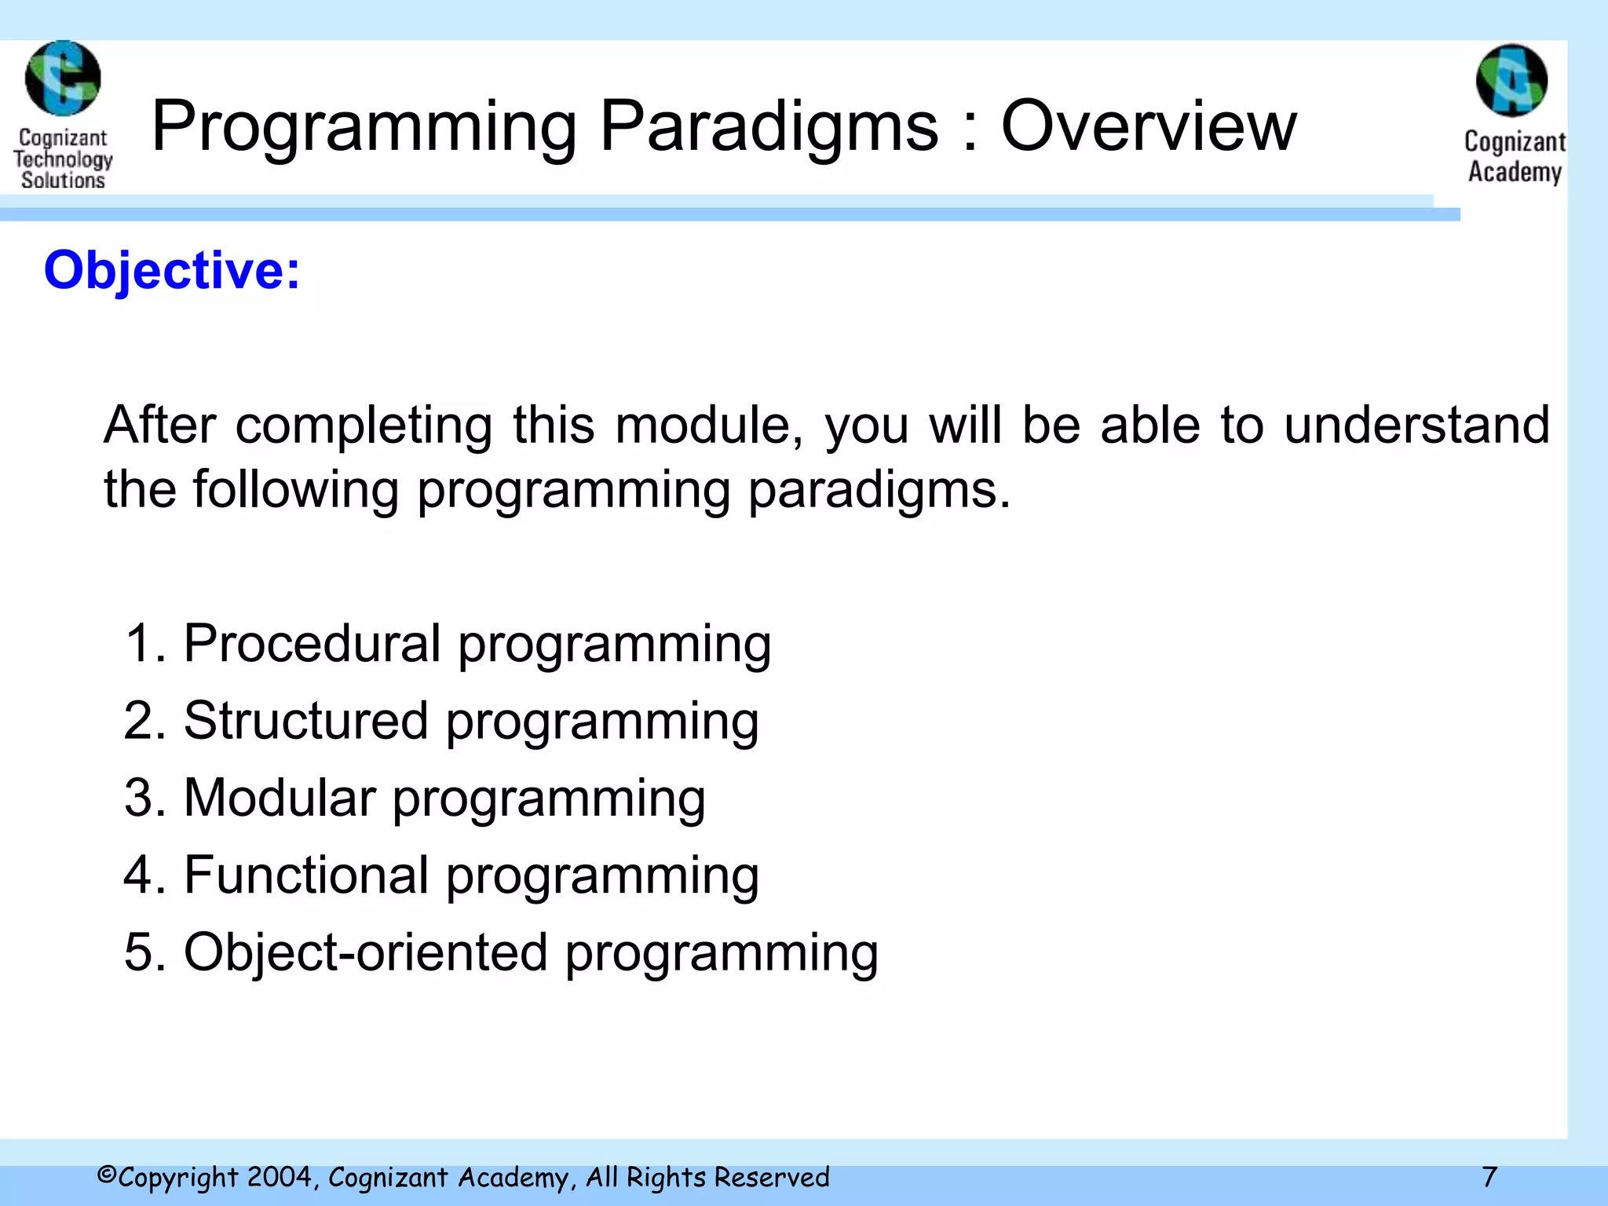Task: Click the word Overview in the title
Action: pos(1148,127)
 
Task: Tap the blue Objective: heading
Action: pos(171,271)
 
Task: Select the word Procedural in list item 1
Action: pos(312,644)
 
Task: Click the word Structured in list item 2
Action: pos(305,721)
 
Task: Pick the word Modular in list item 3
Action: pos(280,798)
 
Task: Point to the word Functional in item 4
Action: pos(305,875)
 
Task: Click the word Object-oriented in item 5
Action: pos(365,952)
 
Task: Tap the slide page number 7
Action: pos(1489,1177)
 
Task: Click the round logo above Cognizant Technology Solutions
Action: pos(63,79)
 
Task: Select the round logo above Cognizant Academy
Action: pos(1511,81)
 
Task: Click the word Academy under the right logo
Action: pos(1515,172)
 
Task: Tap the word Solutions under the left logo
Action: pos(63,181)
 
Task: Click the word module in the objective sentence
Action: pos(708,426)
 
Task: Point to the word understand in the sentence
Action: pos(1416,426)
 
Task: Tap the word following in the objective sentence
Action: pos(295,490)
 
